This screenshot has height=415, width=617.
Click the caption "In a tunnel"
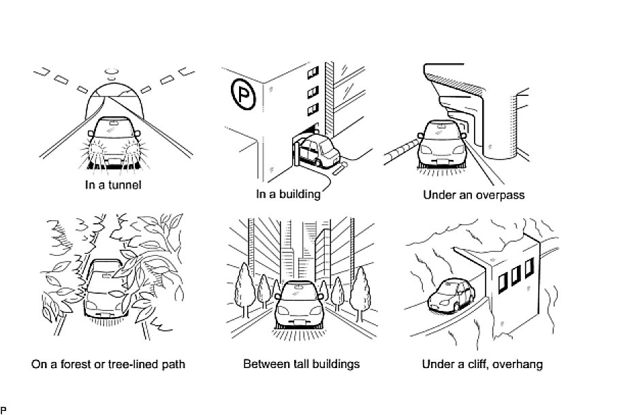click(113, 185)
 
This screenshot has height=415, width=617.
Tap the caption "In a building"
click(287, 194)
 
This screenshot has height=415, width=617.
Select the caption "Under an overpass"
click(473, 195)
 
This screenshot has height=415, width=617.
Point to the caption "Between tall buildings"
click(301, 364)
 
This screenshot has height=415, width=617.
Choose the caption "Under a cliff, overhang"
click(482, 364)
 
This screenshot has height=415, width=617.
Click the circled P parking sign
click(242, 95)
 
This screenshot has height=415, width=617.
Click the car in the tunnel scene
click(113, 141)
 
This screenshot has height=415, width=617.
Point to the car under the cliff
click(450, 295)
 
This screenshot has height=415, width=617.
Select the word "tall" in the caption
click(296, 364)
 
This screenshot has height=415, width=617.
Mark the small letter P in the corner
click(3, 410)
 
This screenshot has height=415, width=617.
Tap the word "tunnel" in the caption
click(125, 185)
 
